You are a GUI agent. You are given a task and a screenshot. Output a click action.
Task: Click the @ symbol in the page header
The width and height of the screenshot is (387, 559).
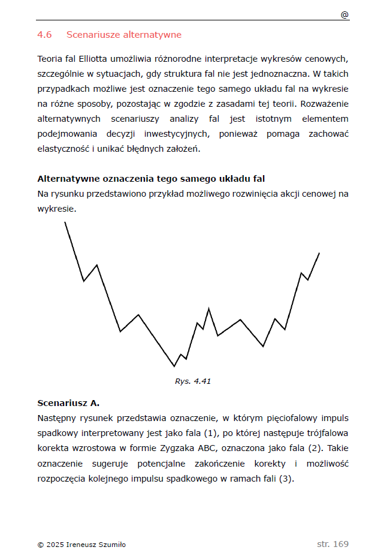click(344, 15)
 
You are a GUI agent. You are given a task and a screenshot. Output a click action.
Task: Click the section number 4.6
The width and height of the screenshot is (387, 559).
click(44, 35)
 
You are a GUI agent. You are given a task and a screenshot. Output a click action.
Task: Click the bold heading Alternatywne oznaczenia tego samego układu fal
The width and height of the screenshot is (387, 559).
click(151, 179)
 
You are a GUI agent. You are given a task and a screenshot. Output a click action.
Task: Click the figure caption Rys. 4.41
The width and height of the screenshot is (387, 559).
click(193, 381)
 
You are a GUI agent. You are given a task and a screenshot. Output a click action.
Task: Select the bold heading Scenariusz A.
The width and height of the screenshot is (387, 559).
click(68, 402)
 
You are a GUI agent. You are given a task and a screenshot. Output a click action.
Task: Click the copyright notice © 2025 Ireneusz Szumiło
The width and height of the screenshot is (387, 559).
click(81, 545)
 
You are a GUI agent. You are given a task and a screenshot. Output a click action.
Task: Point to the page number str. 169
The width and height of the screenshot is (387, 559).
click(332, 544)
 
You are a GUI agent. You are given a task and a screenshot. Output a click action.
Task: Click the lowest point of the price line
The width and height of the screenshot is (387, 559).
click(174, 366)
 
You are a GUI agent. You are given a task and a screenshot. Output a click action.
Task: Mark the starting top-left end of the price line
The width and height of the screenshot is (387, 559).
click(65, 223)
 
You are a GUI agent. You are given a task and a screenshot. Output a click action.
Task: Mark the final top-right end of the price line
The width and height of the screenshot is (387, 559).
click(319, 253)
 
